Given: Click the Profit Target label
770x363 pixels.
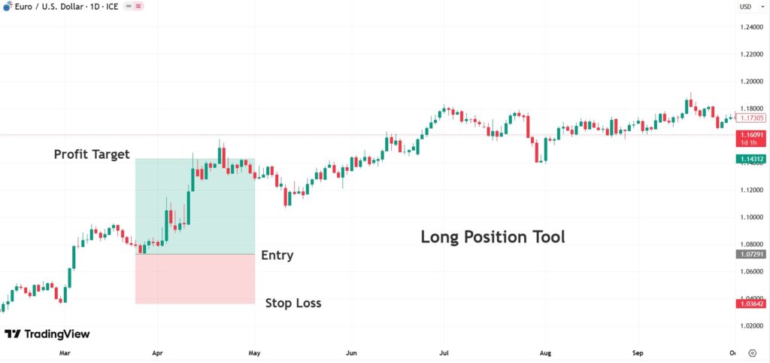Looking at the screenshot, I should pos(92,154).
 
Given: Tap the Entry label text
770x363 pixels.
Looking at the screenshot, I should pos(277,255).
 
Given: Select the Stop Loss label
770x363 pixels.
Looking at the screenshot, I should pos(293,304).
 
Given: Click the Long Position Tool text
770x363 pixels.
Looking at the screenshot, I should pos(493,237).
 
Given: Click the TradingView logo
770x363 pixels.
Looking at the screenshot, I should pos(47,334).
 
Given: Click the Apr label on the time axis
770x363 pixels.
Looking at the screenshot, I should pos(158,352).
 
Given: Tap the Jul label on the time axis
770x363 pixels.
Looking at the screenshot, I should pos(444,352).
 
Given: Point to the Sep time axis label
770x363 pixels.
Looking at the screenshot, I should pos(638,352).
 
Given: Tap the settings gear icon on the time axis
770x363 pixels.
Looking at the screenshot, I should pos(753,352).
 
